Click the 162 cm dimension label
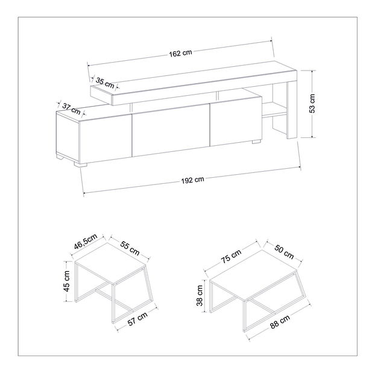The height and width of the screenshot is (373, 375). click(180, 53)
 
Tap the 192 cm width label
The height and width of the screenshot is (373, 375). click(192, 180)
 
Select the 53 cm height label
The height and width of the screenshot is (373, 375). click(312, 104)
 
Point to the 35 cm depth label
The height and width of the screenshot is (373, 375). click(105, 82)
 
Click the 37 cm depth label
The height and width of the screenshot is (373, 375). click(71, 109)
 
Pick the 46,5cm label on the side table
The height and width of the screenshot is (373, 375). click(86, 241)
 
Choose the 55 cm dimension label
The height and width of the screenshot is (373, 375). click(130, 248)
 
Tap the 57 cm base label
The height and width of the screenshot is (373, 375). click(137, 319)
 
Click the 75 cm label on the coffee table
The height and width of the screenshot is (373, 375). click(231, 256)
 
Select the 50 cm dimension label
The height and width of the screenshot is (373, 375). click(284, 252)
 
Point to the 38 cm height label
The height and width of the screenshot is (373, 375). click(200, 296)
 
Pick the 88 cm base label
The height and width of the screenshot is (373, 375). click(280, 322)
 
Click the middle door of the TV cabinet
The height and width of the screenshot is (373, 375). click(171, 130)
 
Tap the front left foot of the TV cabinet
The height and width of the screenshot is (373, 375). click(80, 165)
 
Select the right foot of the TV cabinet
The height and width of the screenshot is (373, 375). click(256, 142)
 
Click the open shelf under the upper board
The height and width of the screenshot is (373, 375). click(274, 109)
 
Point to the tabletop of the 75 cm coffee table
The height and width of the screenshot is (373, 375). click(253, 274)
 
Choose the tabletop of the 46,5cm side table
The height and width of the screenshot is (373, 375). click(110, 263)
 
